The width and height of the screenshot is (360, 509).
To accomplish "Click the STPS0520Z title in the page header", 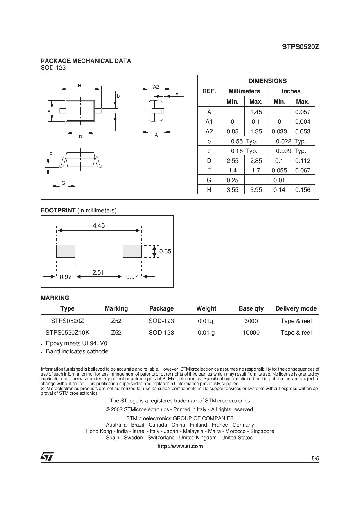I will [x=300, y=47].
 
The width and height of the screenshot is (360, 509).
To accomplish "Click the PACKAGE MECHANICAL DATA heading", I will [x=86, y=61].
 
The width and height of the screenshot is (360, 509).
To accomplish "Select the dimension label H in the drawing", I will [x=79, y=86].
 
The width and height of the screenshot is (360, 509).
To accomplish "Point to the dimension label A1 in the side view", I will [x=178, y=94].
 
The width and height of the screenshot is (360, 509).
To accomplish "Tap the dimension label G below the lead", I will [x=63, y=183].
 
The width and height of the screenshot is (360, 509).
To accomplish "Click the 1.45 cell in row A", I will [x=256, y=112].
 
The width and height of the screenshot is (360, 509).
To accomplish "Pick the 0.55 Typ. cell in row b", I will [x=244, y=141].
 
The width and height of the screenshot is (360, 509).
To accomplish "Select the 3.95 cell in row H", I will [x=256, y=190].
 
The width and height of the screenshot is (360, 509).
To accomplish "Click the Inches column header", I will [x=291, y=91].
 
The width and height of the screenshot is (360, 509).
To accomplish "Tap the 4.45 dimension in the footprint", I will [x=99, y=225].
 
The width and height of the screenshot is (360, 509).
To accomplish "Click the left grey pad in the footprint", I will [x=66, y=251].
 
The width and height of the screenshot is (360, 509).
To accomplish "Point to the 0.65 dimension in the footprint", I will [x=165, y=251].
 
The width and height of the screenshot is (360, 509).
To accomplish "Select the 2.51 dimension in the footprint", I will [x=98, y=272].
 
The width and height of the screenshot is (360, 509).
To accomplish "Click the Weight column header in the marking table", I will [x=206, y=308].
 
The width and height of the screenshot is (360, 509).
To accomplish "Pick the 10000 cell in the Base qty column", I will [x=251, y=333].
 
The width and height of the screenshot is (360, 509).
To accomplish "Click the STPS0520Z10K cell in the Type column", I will [x=67, y=333].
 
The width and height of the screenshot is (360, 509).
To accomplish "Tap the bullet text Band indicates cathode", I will [x=78, y=351].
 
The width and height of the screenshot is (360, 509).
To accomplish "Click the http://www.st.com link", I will [x=180, y=446].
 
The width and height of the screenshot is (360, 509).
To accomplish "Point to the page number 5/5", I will [x=315, y=459].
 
